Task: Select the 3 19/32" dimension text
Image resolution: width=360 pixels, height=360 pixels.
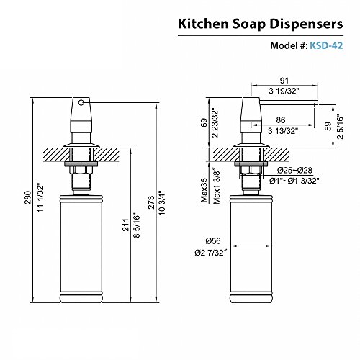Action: [284, 91]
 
